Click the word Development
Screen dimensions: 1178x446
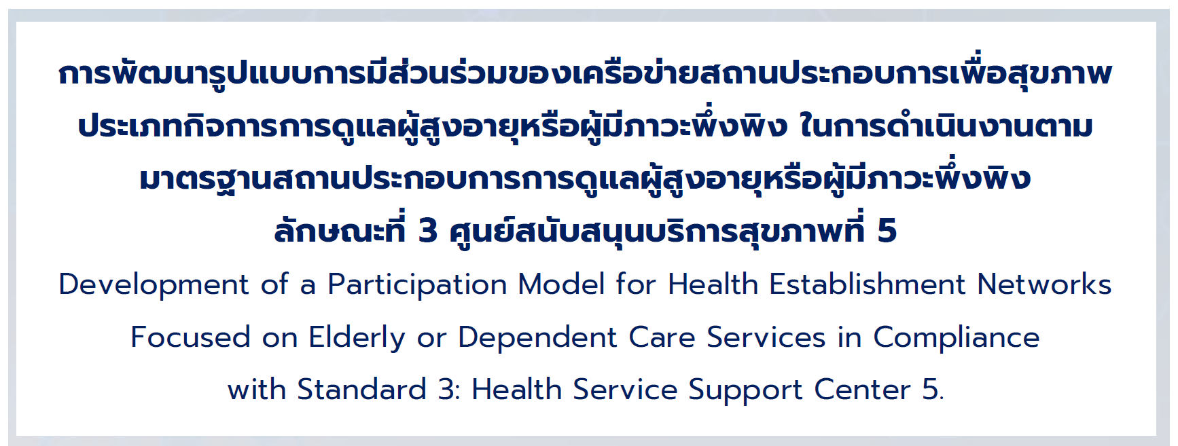coord(154,285)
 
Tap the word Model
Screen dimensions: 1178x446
coord(561,284)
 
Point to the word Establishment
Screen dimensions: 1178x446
coord(867,284)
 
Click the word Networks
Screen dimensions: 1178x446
coord(1044,284)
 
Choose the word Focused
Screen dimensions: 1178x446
coord(190,337)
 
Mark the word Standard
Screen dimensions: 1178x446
coord(361,390)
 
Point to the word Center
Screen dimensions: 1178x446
coord(862,390)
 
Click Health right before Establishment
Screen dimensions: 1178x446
coord(713,284)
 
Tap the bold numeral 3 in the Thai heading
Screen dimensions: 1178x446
coord(428,231)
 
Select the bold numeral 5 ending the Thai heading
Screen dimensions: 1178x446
coord(887,231)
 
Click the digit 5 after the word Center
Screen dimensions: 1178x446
coord(930,390)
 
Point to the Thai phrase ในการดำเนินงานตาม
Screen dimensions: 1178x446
coord(946,125)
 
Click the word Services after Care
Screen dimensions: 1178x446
coord(766,337)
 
